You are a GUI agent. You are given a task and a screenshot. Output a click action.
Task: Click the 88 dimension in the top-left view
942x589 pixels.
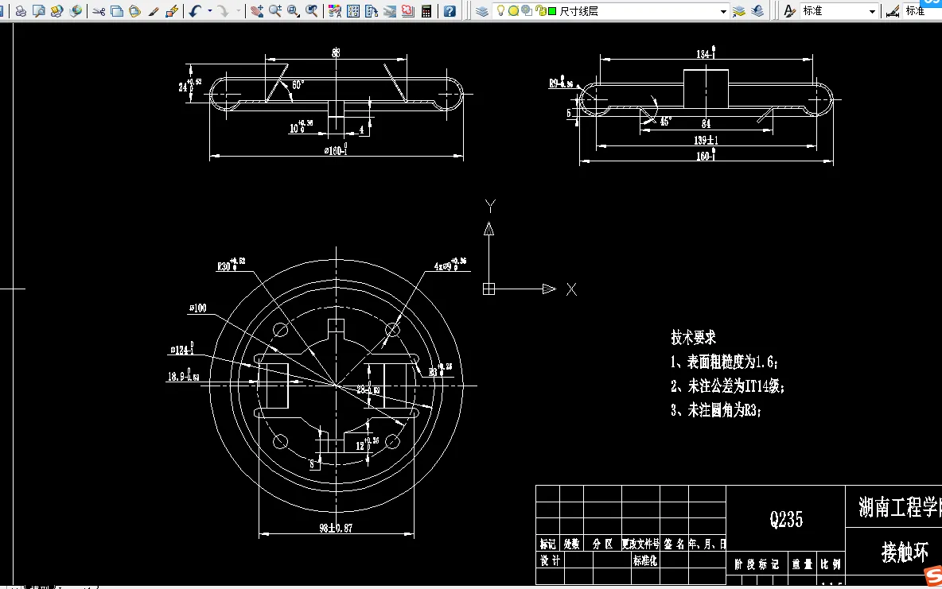(336, 53)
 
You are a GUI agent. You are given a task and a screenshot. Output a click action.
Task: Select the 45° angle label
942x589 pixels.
(665, 122)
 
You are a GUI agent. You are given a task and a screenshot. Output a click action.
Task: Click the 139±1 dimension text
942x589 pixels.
(706, 140)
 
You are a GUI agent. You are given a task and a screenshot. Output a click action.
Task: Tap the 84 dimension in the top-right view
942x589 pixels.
(706, 123)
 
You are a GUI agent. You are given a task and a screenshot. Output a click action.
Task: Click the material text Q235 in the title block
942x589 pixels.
(786, 520)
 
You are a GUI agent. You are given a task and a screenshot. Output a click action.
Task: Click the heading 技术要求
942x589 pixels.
(694, 337)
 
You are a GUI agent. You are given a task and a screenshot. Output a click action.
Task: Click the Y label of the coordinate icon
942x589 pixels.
(490, 206)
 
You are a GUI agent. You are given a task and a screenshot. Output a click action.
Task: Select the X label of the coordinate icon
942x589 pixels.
(571, 289)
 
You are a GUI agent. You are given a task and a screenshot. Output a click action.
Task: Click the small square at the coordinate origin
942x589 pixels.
(489, 289)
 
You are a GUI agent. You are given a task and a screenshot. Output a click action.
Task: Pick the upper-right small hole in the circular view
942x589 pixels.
(392, 329)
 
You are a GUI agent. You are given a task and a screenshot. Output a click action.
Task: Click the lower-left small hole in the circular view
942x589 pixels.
(280, 441)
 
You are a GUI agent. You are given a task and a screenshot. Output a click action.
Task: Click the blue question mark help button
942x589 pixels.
(450, 11)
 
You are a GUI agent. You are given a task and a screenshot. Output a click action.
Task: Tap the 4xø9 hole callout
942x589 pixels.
(448, 265)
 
